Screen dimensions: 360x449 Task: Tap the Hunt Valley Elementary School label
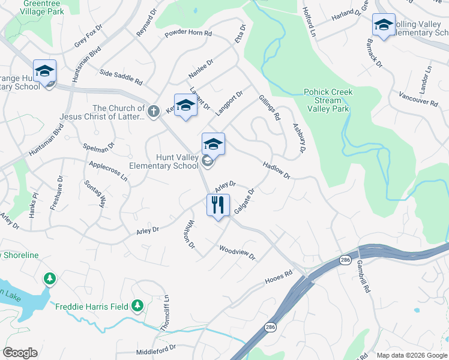click(164, 161)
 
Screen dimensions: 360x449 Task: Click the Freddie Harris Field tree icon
click(138, 307)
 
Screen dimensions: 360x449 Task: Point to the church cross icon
click(154, 110)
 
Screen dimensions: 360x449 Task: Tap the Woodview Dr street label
click(237, 253)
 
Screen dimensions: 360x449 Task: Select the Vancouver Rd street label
click(418, 99)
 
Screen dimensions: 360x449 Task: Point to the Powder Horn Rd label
click(188, 34)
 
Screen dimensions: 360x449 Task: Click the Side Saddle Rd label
click(121, 77)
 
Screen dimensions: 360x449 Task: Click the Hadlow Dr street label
click(276, 170)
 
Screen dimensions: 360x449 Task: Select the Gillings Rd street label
click(270, 107)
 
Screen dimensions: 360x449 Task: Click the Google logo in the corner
click(20, 352)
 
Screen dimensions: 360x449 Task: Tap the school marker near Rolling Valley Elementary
click(384, 25)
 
